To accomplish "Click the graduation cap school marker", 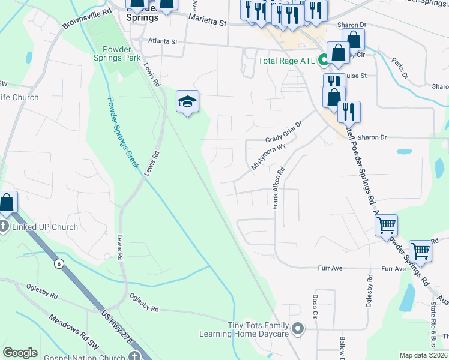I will click(187, 103).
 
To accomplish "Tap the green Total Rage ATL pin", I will click(323, 60).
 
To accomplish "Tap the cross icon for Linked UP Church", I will click(4, 227).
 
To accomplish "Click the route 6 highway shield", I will click(58, 263).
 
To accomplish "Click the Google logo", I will click(20, 353).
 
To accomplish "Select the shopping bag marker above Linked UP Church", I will click(7, 203).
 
